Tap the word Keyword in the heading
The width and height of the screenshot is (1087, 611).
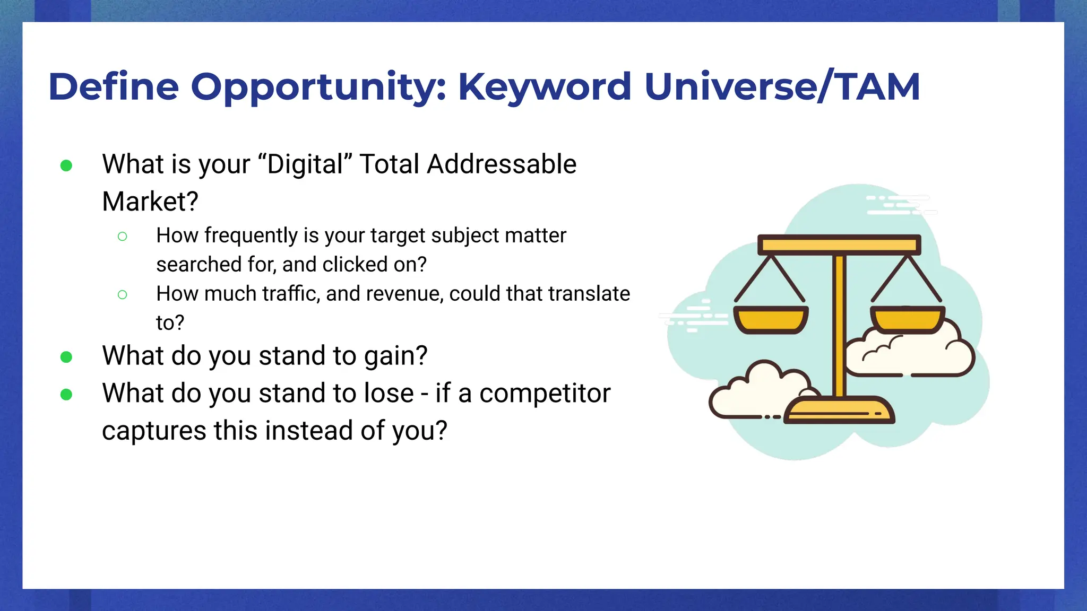[545, 88]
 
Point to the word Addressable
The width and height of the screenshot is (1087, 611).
[502, 164]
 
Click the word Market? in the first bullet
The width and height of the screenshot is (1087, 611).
[150, 202]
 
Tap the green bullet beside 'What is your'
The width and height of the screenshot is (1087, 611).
[66, 166]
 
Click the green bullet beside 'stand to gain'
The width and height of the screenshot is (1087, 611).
[66, 357]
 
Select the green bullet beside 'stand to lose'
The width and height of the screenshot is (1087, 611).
[66, 395]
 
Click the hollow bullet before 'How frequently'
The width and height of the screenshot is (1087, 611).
[122, 237]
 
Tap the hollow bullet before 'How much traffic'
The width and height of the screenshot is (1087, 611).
[122, 294]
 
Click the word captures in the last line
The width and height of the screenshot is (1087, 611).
[154, 431]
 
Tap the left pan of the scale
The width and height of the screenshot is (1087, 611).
[771, 320]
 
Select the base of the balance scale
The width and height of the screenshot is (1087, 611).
[839, 412]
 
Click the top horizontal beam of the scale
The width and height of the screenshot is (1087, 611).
[839, 245]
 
